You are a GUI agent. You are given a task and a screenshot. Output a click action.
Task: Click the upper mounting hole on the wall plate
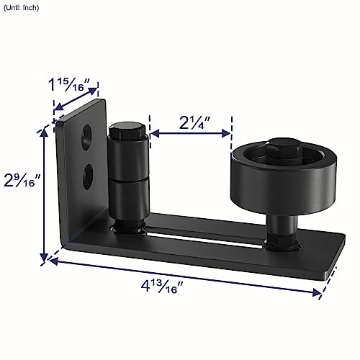(x=86, y=135)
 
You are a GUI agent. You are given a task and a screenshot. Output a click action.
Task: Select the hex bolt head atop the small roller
(x=127, y=133)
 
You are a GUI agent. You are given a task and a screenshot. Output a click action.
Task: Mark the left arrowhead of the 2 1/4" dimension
(x=153, y=132)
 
